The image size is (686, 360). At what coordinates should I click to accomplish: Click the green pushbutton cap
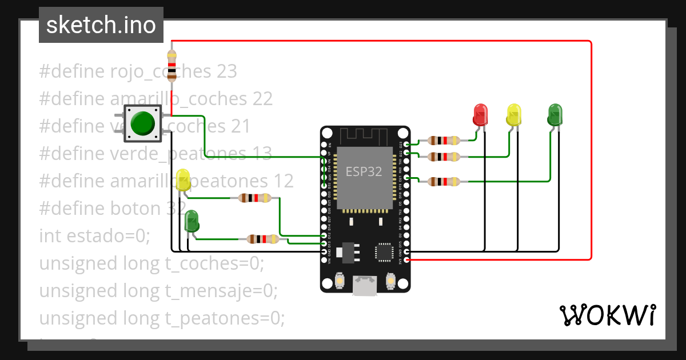(x=142, y=123)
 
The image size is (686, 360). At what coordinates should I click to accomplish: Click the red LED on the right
(x=480, y=114)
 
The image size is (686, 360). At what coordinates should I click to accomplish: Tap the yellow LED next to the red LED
(x=514, y=114)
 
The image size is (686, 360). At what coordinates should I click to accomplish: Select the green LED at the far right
(x=555, y=114)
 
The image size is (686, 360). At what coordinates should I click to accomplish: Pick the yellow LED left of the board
(x=183, y=180)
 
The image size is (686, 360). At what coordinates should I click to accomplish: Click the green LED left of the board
(x=192, y=221)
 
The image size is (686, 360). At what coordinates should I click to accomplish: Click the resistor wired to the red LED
(x=444, y=140)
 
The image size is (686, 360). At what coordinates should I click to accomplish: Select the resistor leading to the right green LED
(x=444, y=182)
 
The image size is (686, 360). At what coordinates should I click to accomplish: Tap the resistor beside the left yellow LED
(x=254, y=198)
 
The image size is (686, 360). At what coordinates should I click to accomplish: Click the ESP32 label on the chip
(x=364, y=171)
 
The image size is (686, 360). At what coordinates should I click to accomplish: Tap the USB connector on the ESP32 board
(x=365, y=285)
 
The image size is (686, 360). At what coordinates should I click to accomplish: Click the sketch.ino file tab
(x=101, y=25)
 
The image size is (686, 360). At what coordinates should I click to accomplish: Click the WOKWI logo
(x=607, y=315)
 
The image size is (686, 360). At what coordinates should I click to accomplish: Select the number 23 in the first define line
(x=226, y=71)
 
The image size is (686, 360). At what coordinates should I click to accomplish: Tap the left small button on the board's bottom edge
(x=340, y=281)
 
